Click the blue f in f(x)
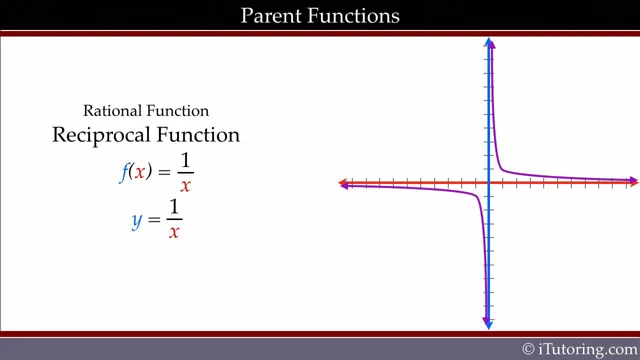(x=124, y=171)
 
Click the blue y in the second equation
(x=137, y=219)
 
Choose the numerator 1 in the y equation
(x=173, y=207)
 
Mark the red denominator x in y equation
(x=173, y=233)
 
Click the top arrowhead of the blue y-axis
(x=489, y=43)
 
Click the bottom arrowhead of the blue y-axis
(x=489, y=322)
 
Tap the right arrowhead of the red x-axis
(x=633, y=183)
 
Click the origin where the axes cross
(x=489, y=183)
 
